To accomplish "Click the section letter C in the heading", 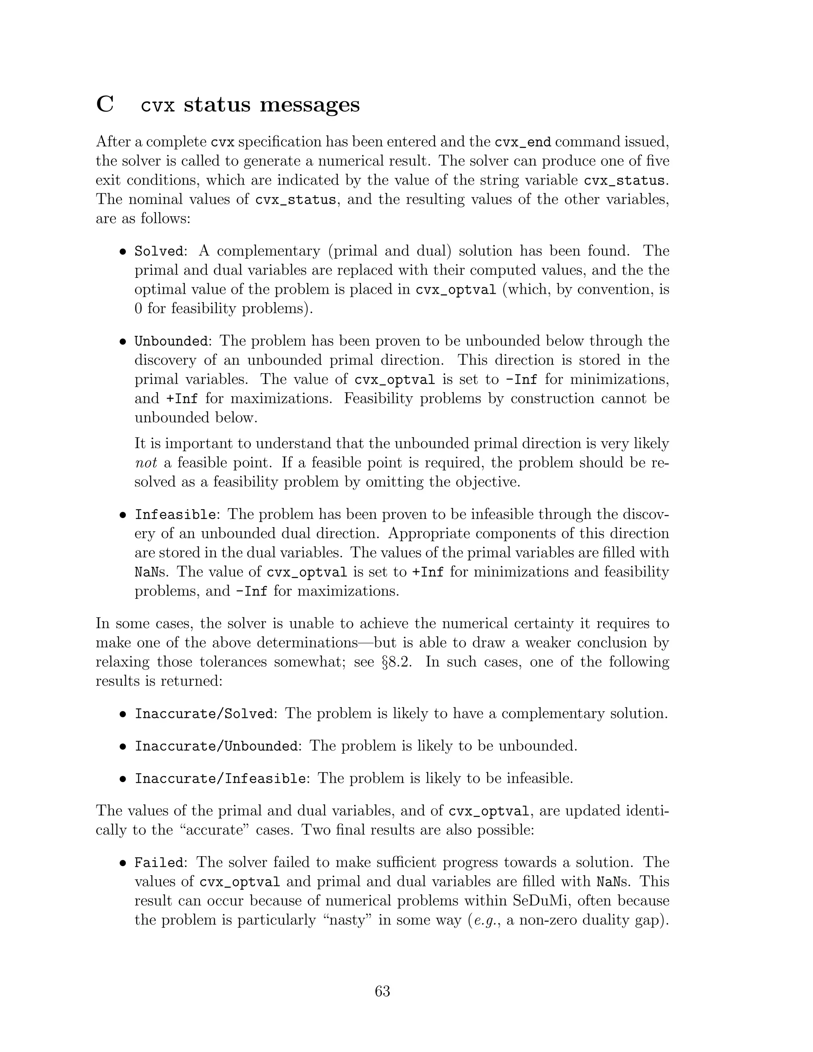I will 105,104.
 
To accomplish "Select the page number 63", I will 382,991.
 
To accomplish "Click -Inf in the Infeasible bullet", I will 251,592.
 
